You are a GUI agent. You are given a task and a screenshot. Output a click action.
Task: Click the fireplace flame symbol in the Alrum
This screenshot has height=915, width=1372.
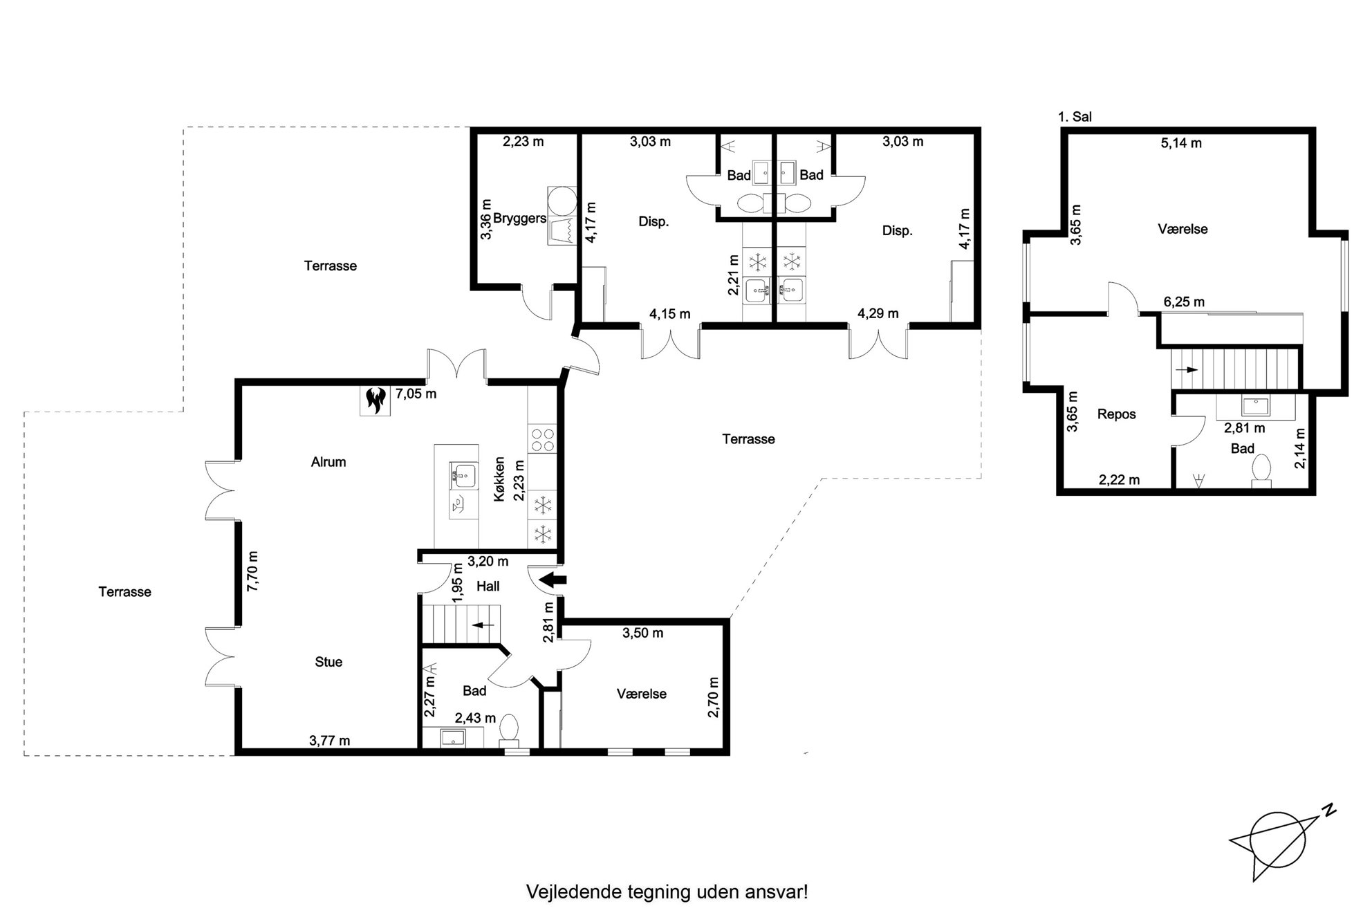click(376, 400)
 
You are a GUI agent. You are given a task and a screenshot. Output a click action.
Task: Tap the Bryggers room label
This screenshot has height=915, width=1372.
click(519, 219)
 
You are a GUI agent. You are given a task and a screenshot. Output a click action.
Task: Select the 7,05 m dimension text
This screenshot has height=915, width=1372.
click(416, 394)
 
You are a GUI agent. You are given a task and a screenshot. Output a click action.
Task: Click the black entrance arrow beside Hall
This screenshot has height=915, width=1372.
click(553, 580)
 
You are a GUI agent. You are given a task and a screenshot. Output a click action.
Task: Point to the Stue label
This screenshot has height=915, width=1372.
click(328, 662)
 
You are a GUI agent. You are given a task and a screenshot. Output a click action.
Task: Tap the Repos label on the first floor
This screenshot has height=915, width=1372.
click(1117, 414)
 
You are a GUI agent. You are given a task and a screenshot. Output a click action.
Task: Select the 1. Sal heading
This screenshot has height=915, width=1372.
click(1075, 117)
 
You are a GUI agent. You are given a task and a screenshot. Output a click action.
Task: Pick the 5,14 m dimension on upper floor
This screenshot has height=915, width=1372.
click(1181, 143)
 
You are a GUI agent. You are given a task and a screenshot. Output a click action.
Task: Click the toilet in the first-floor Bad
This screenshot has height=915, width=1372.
click(1261, 470)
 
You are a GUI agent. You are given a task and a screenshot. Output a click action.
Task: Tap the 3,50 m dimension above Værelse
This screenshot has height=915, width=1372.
click(642, 633)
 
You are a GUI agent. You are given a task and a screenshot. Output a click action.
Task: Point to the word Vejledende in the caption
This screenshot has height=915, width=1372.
click(573, 891)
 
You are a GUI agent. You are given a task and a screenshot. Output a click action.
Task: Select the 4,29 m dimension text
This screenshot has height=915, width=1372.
click(878, 313)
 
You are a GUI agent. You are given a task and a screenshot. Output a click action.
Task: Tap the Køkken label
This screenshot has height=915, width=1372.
click(500, 479)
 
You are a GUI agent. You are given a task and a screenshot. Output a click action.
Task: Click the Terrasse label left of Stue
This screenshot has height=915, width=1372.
click(124, 592)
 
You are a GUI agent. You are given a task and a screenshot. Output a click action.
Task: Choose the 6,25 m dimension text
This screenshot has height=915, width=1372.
click(1184, 302)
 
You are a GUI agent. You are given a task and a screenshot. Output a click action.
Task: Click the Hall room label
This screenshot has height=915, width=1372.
click(488, 586)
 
